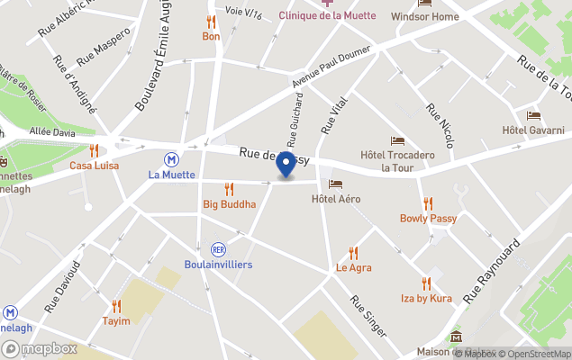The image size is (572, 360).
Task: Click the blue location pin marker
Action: point(286,165)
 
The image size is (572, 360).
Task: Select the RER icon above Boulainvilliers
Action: point(217,248)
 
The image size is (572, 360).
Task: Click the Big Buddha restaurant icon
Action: point(229,189)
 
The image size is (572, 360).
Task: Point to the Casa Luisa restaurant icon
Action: point(94,150)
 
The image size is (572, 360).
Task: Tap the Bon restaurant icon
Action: point(211,22)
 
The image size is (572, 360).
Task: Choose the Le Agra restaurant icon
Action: point(353,253)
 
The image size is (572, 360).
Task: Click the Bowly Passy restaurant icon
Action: point(428,203)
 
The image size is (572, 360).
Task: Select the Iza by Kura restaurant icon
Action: point(426,283)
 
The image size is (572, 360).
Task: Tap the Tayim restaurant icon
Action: point(116,306)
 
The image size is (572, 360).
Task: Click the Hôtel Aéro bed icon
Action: point(335,184)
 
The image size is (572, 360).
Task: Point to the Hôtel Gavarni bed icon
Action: point(533,116)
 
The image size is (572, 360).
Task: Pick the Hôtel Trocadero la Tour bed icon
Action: point(397,140)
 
